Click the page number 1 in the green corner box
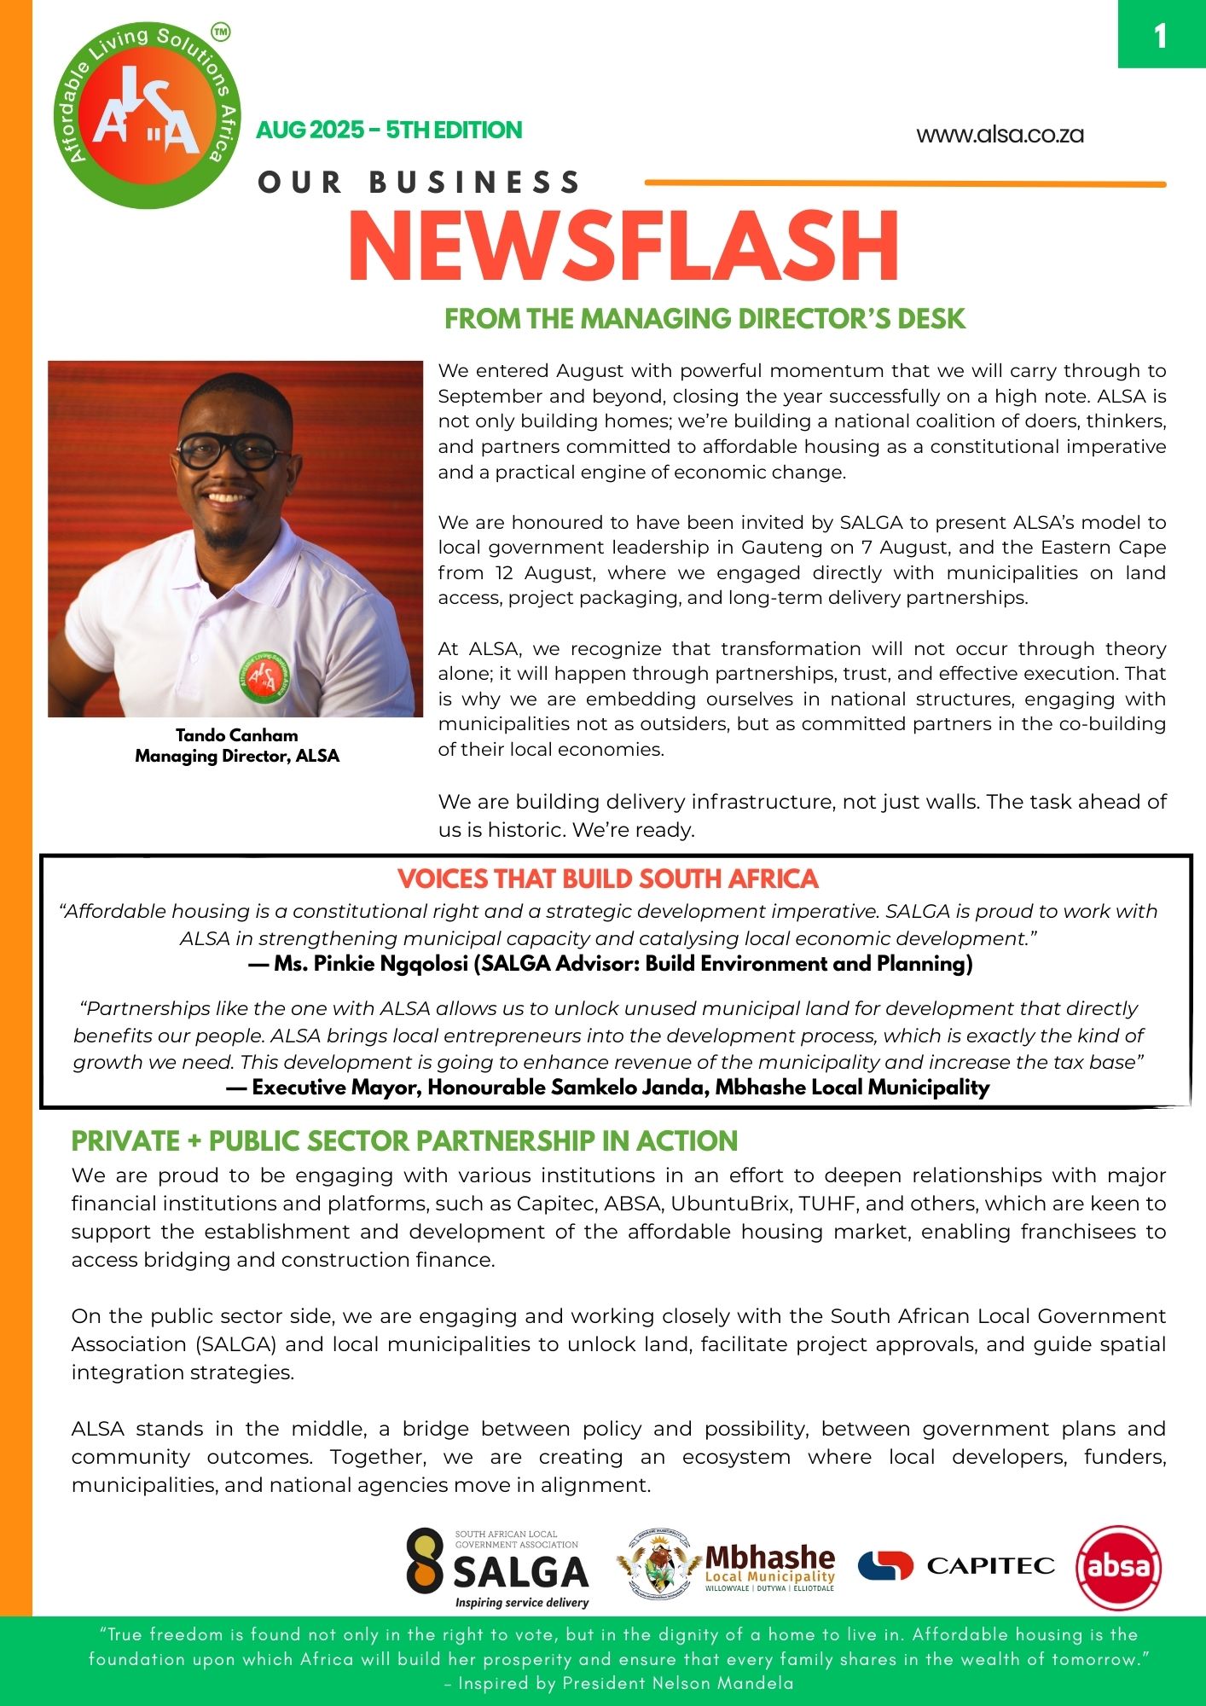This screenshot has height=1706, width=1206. pos(1160,36)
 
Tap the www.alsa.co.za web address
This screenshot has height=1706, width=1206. pos(1000,135)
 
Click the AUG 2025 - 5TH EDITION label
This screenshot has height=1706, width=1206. pos(389,131)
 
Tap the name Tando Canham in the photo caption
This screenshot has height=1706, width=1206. pos(236,735)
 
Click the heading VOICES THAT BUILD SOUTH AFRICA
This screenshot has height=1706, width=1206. pos(608,879)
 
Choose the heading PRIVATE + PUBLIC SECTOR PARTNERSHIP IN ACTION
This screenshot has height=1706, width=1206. pos(404,1141)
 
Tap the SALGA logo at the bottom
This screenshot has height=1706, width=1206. pos(497,1568)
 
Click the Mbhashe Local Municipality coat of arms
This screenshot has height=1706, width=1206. pos(658,1564)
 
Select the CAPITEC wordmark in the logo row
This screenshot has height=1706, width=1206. pos(990,1565)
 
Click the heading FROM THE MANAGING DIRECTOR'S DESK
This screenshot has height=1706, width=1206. pos(704,319)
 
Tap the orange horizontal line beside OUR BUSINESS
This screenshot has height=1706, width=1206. pos(904,183)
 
